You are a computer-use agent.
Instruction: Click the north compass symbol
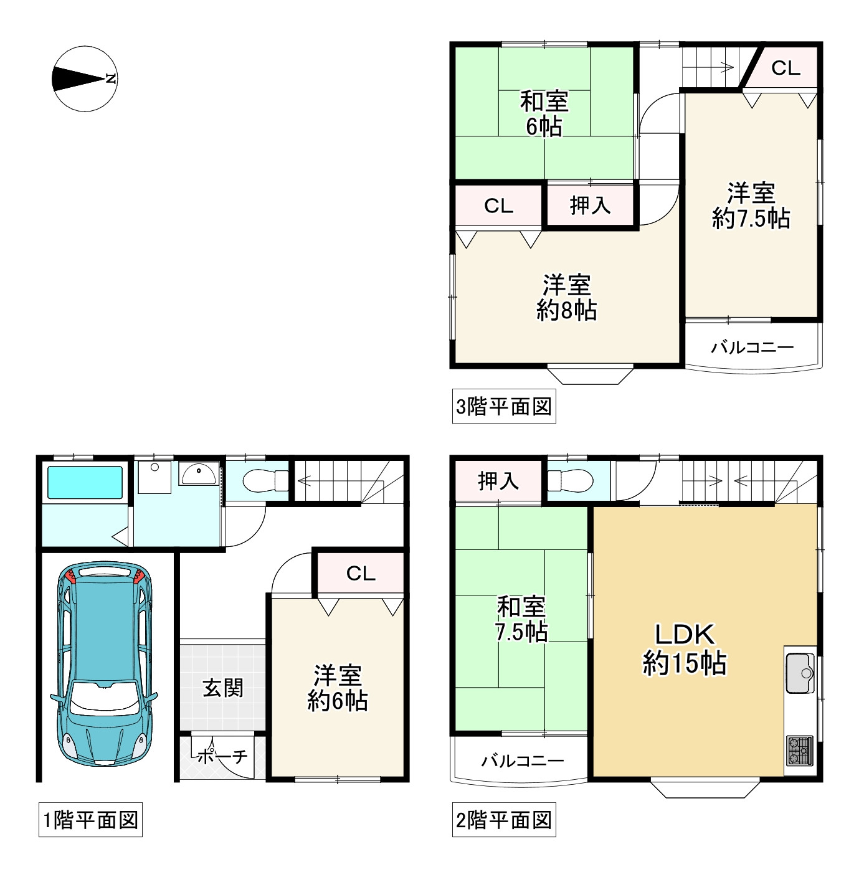pos(85,78)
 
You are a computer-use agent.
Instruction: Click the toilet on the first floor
pos(264,480)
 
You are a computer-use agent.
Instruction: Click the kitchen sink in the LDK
pos(800,673)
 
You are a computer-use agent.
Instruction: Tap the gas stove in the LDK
pos(800,751)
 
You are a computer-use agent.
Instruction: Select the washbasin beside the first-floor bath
pos(198,474)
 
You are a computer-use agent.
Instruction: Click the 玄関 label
pos(223,688)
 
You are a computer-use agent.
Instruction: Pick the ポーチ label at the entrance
pos(223,757)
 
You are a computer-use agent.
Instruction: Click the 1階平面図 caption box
pos(90,820)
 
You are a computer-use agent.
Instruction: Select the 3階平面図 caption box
pos(504,407)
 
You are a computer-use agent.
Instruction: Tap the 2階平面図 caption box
pos(504,820)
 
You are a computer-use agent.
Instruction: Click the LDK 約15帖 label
pos(684,649)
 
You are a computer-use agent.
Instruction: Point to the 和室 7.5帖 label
pos(521,619)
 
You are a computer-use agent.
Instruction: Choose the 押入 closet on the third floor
pos(590,205)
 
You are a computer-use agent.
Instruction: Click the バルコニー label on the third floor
pos(752,347)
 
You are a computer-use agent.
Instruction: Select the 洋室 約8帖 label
pos(566,298)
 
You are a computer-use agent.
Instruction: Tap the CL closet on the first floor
pos(361,573)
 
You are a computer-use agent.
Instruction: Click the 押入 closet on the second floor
pos(498,480)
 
